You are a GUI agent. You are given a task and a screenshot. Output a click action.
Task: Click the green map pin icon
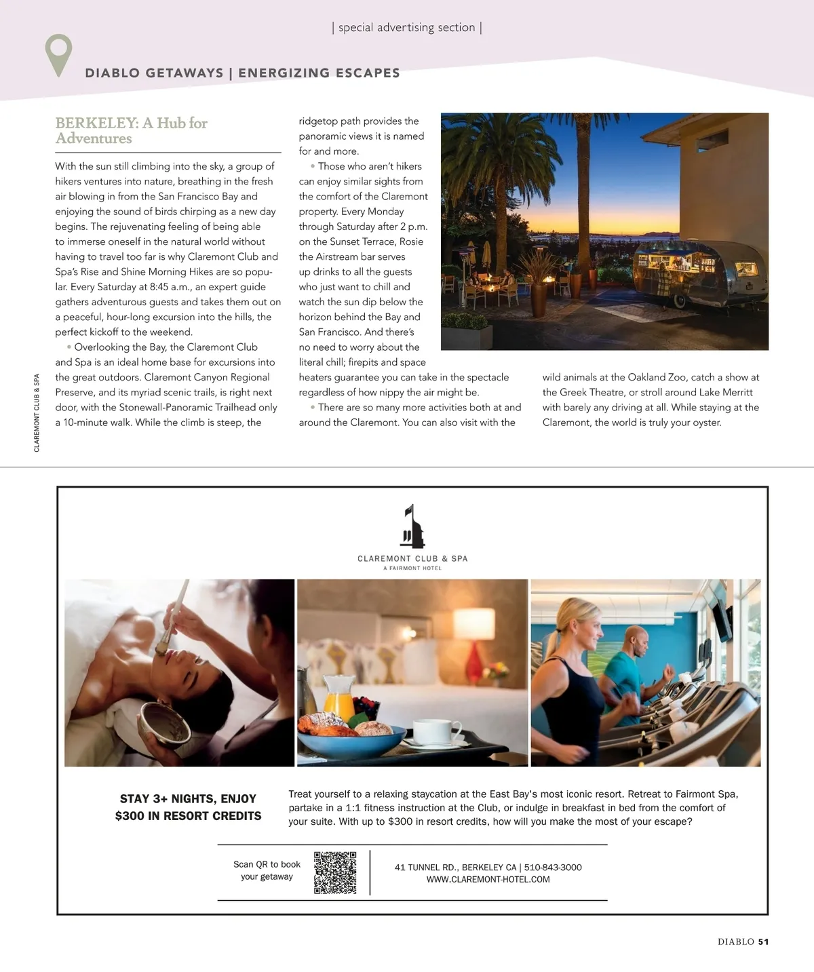tap(58, 53)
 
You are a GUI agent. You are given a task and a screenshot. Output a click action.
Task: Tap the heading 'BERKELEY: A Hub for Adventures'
tap(131, 130)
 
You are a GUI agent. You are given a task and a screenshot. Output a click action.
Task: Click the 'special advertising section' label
tap(406, 28)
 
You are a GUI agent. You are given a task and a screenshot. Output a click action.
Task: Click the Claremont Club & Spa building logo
tap(412, 527)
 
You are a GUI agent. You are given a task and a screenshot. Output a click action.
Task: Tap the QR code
tap(335, 872)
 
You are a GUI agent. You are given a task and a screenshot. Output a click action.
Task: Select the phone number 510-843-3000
tap(553, 868)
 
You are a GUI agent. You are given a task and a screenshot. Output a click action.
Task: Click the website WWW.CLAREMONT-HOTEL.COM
tap(488, 880)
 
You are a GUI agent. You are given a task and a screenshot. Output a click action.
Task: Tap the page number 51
tap(763, 941)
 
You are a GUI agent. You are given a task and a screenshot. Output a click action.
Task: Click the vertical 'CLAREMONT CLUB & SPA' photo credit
tap(37, 412)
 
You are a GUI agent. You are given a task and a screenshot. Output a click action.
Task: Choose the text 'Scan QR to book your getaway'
tap(267, 870)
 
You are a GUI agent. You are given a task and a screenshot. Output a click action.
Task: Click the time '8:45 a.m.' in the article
tap(170, 287)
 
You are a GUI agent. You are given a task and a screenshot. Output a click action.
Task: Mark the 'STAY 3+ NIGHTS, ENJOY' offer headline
tap(188, 799)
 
